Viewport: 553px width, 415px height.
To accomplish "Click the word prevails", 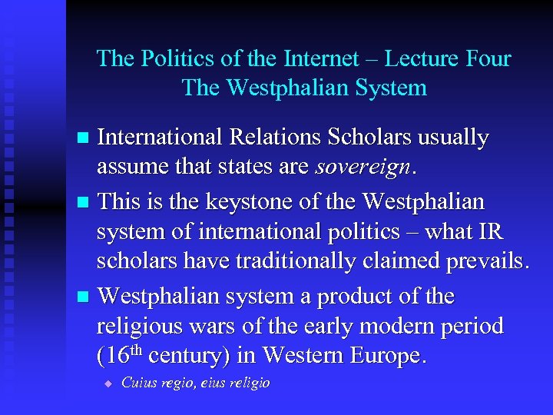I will click(x=484, y=261).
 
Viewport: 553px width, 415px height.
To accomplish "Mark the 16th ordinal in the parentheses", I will click(x=120, y=356).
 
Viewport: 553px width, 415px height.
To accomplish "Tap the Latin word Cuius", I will click(x=138, y=383).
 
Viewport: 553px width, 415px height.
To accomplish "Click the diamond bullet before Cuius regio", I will click(x=108, y=383).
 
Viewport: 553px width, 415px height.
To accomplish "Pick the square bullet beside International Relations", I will click(x=85, y=139).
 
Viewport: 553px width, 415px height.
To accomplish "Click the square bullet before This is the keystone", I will click(x=85, y=203).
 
